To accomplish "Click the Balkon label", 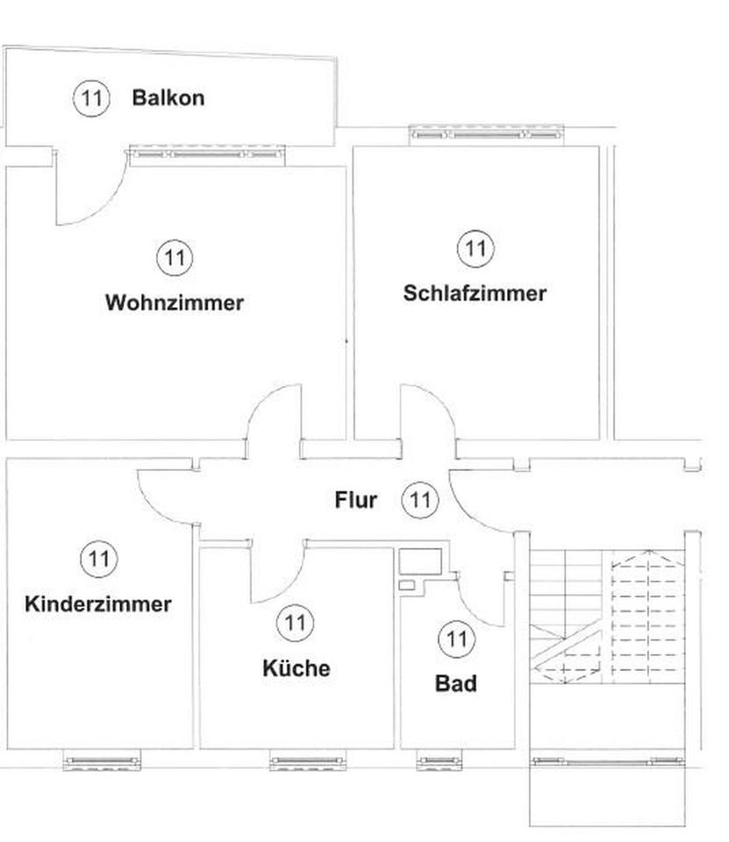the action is click(x=168, y=97).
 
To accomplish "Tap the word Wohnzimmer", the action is click(x=175, y=303).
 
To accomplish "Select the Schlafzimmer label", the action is click(x=475, y=293).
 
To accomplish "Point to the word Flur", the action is click(x=355, y=500).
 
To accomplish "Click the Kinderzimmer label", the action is click(x=98, y=604).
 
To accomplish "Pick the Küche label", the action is click(x=297, y=668).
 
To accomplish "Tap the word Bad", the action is click(x=455, y=683).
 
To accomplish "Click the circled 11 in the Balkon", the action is click(x=91, y=98).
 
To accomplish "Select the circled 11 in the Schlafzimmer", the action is click(x=475, y=248).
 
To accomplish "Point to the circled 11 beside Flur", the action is click(x=420, y=500).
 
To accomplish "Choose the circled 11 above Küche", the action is click(x=295, y=623).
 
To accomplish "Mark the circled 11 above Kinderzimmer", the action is click(x=99, y=559).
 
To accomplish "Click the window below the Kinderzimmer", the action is click(x=102, y=760).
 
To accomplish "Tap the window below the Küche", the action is click(x=308, y=760).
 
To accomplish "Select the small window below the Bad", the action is click(x=440, y=760).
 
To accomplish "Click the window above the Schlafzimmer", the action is click(x=487, y=135).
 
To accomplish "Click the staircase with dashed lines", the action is click(x=608, y=617).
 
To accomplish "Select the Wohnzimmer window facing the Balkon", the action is click(x=207, y=154).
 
